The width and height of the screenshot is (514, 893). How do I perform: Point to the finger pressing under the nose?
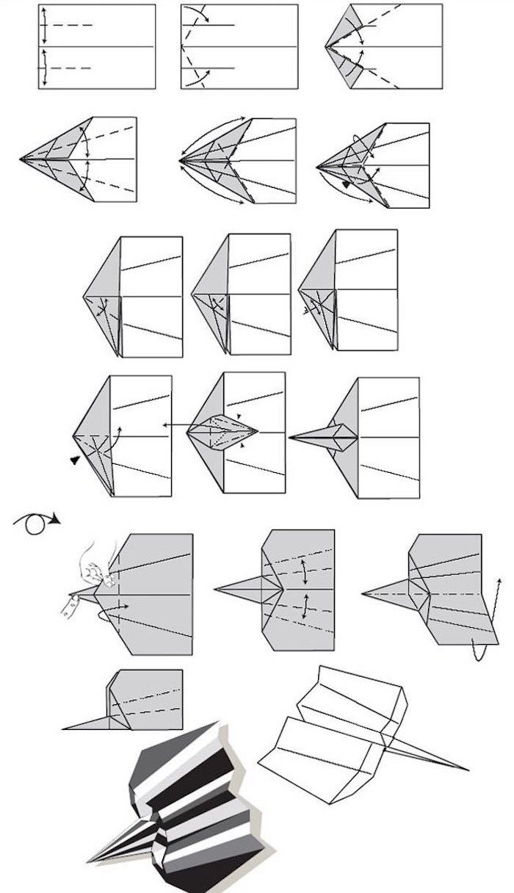tap(71, 604)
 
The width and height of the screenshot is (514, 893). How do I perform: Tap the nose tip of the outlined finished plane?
tap(466, 770)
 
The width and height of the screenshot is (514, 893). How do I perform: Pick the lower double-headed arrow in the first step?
tap(45, 68)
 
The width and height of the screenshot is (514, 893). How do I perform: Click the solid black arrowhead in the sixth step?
tap(346, 185)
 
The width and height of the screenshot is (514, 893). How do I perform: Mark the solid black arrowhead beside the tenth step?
tap(75, 460)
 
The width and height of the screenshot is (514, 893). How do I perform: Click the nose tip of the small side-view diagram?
tap(65, 728)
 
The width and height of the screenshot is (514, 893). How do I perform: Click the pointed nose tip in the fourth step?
tap(22, 159)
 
